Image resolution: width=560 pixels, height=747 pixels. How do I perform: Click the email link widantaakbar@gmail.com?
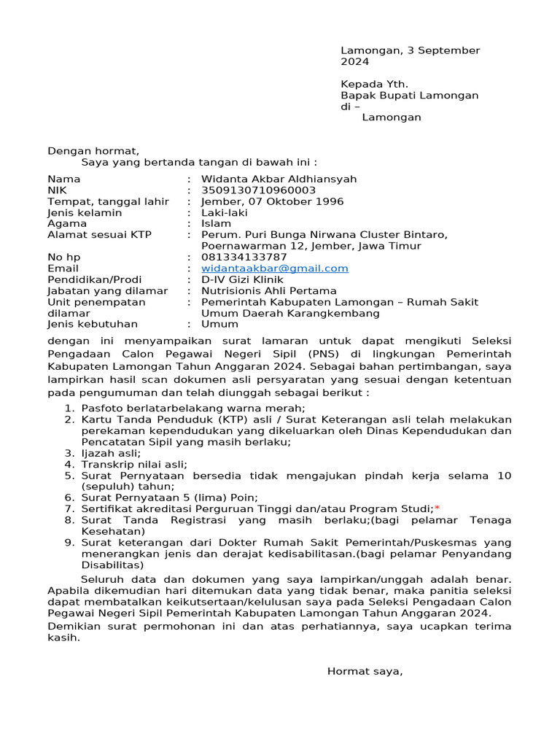(275, 268)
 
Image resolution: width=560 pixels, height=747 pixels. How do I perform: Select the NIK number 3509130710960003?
(259, 190)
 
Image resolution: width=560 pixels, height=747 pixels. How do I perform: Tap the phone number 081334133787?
(244, 258)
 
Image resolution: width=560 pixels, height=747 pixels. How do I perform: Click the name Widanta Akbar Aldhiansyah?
(279, 179)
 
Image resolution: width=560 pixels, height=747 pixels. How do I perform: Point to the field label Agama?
(67, 224)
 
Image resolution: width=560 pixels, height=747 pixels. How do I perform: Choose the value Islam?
(216, 224)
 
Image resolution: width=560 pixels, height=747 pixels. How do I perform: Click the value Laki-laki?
(225, 213)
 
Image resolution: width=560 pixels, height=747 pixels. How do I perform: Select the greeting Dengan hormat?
(93, 151)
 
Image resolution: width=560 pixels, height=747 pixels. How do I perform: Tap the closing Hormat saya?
(365, 671)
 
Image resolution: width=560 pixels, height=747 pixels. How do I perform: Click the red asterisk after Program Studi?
(437, 508)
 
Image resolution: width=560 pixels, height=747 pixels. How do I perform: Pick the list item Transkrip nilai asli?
(134, 464)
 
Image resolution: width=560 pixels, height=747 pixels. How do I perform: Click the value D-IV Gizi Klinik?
(242, 279)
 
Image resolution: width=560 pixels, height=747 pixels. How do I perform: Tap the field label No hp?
(64, 258)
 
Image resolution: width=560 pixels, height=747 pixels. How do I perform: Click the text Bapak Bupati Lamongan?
(410, 96)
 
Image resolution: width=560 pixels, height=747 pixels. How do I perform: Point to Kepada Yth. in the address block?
(375, 84)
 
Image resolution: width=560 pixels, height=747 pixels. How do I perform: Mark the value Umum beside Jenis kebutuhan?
(219, 325)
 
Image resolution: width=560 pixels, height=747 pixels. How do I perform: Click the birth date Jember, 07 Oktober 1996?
(273, 202)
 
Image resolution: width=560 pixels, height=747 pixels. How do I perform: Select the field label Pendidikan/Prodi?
(95, 279)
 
